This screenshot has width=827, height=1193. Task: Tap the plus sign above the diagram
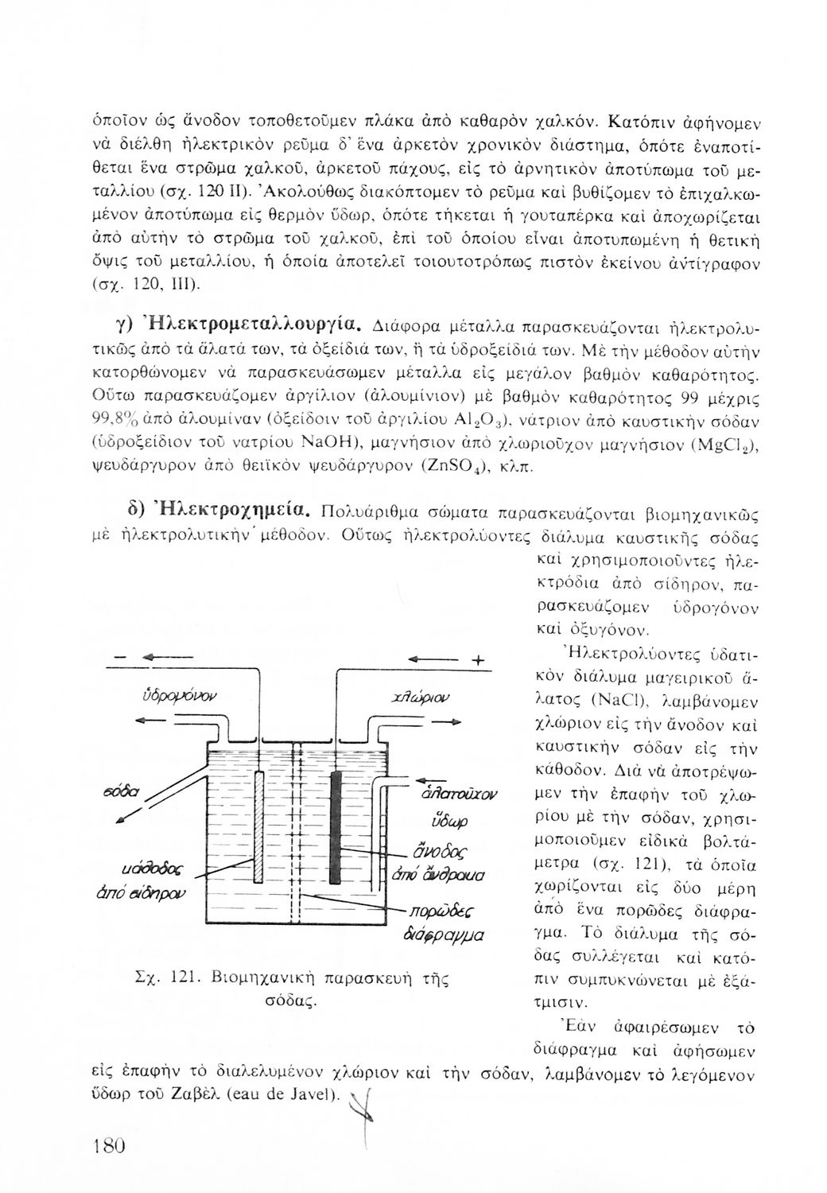click(x=478, y=659)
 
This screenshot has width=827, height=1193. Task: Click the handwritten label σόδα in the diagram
click(x=122, y=792)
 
